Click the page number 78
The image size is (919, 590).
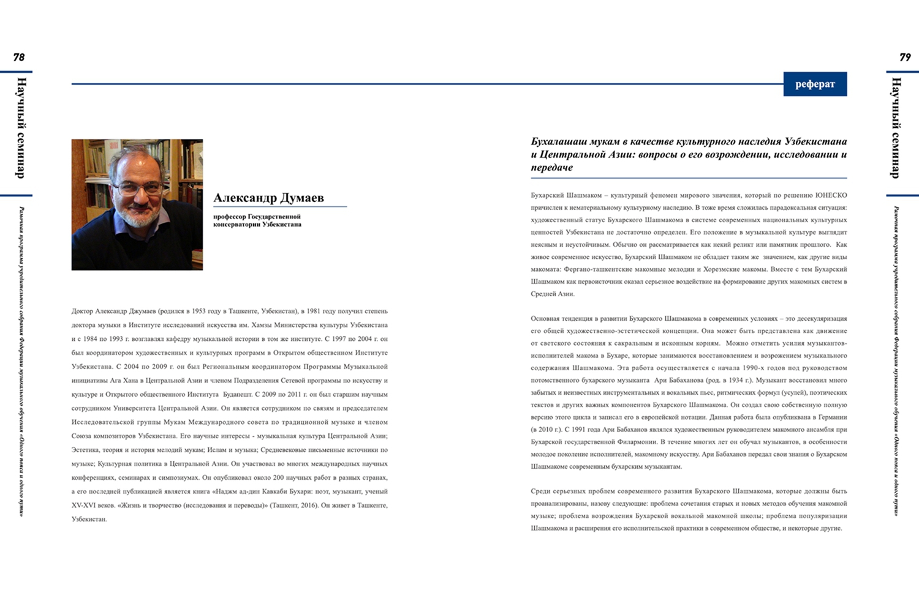pos(19,58)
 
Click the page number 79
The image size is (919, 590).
pos(905,58)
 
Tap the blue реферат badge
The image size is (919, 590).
pos(815,84)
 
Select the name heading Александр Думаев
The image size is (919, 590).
pos(268,198)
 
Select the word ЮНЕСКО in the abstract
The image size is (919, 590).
pos(831,195)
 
